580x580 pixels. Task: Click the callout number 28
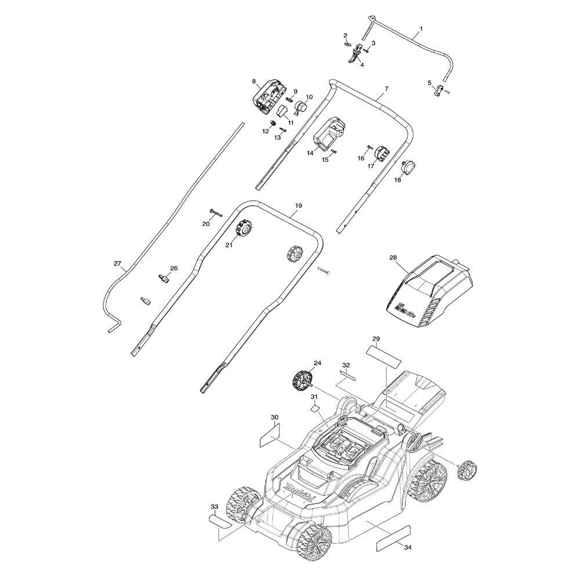point(393,257)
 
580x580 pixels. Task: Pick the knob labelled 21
point(244,229)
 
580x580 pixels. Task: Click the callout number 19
point(298,206)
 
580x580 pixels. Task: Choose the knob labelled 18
point(410,168)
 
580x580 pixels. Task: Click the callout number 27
point(118,264)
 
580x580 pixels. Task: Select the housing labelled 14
point(330,136)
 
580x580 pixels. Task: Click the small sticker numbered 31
point(315,408)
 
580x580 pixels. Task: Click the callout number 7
point(386,89)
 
